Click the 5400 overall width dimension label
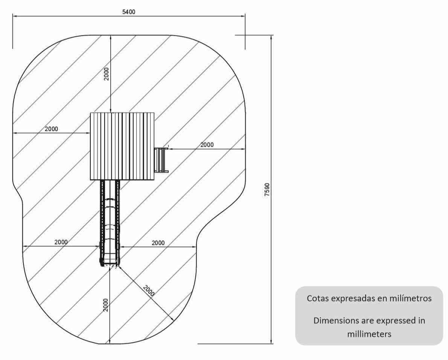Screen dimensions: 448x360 coord(129,12)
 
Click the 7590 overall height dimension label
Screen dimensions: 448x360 coord(267,190)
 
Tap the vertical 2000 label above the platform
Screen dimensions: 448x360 coord(106,74)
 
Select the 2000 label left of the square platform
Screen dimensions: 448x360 coord(52,129)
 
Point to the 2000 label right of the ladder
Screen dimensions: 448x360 coord(207,145)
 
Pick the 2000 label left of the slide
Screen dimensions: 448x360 coord(61,242)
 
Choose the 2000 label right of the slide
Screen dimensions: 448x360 coord(158,243)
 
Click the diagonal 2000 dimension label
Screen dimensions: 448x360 coord(149,291)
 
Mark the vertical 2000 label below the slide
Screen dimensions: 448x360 coord(106,305)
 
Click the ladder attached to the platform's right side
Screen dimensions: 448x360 coord(161,160)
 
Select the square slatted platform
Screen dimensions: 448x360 coord(122,146)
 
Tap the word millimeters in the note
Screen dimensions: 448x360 coord(369,334)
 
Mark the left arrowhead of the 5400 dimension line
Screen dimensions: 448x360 coord(15,16)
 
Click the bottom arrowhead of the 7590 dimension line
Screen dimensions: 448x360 coord(271,342)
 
